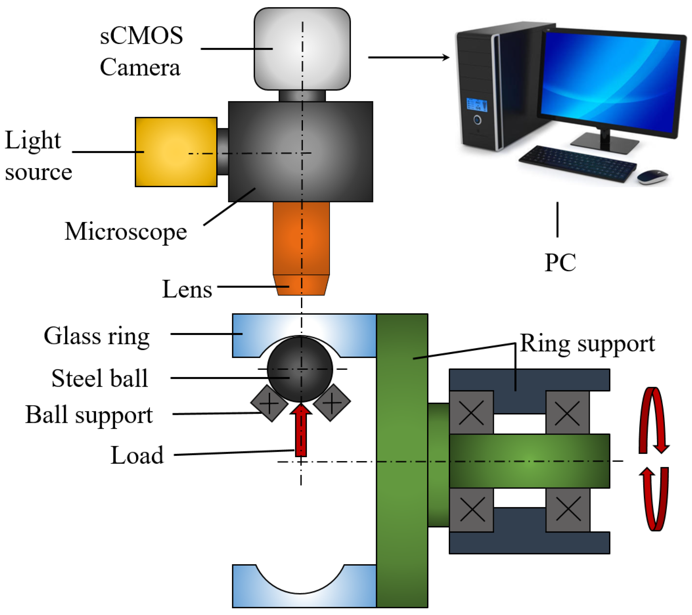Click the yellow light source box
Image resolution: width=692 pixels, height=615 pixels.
pyautogui.click(x=176, y=152)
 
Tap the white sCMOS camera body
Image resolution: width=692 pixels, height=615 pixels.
pyautogui.click(x=302, y=49)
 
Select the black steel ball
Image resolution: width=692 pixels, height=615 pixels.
pyautogui.click(x=300, y=369)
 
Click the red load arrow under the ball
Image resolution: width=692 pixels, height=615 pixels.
pyautogui.click(x=301, y=430)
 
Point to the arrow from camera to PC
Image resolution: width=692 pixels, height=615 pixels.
pyautogui.click(x=409, y=57)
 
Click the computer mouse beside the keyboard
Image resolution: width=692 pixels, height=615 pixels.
pyautogui.click(x=652, y=177)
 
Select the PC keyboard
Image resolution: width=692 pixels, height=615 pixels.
pyautogui.click(x=577, y=164)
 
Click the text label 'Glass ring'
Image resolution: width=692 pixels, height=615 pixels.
pyautogui.click(x=97, y=336)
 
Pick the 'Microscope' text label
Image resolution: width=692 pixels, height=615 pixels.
pyautogui.click(x=126, y=232)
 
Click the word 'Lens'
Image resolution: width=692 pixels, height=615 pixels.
pyautogui.click(x=187, y=289)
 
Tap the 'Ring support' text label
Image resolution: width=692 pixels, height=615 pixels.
pyautogui.click(x=587, y=344)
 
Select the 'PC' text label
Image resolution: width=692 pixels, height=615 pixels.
pyautogui.click(x=560, y=263)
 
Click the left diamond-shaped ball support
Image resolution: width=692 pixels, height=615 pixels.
pyautogui.click(x=269, y=403)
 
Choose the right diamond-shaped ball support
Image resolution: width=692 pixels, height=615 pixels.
pyautogui.click(x=332, y=403)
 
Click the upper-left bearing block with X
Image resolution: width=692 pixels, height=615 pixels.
pyautogui.click(x=471, y=412)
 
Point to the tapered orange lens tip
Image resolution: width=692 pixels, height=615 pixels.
pyautogui.click(x=301, y=285)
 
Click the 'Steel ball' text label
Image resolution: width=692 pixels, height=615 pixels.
pyautogui.click(x=100, y=378)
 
